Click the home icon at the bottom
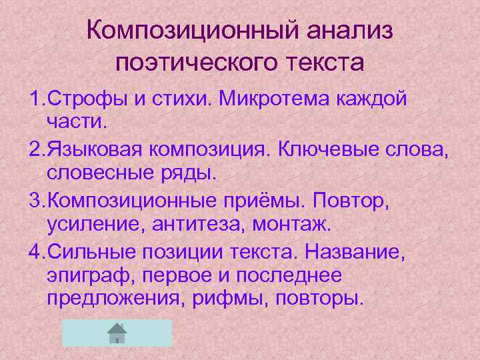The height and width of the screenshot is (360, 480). (117, 332)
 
